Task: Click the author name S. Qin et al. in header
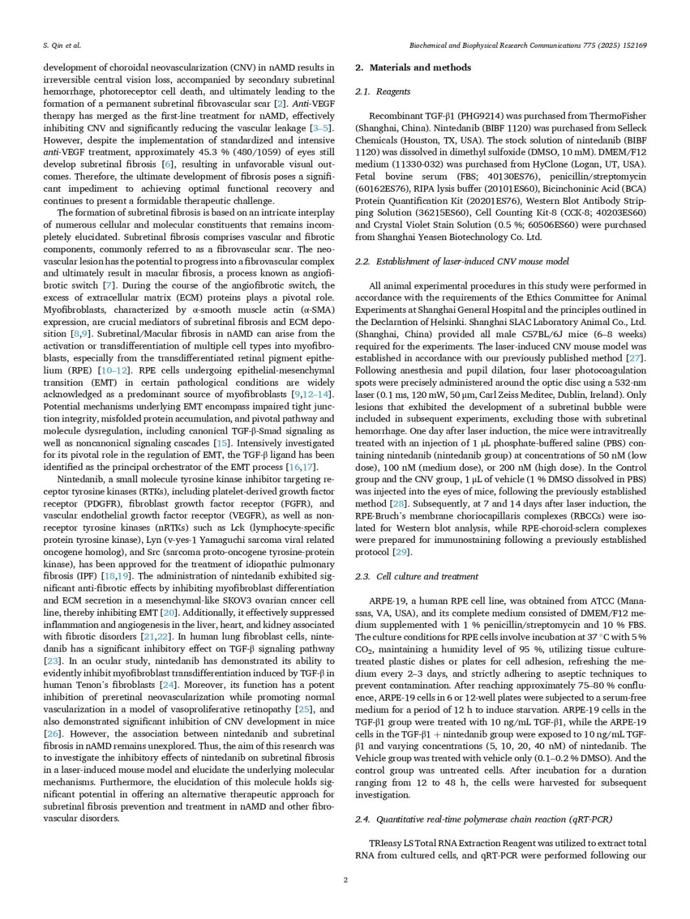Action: pos(62,45)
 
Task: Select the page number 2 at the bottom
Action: pos(345,880)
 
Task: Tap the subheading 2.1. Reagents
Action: pos(383,91)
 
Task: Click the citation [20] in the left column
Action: pos(169,612)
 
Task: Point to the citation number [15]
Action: pos(222,443)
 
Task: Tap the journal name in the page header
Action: pos(528,45)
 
